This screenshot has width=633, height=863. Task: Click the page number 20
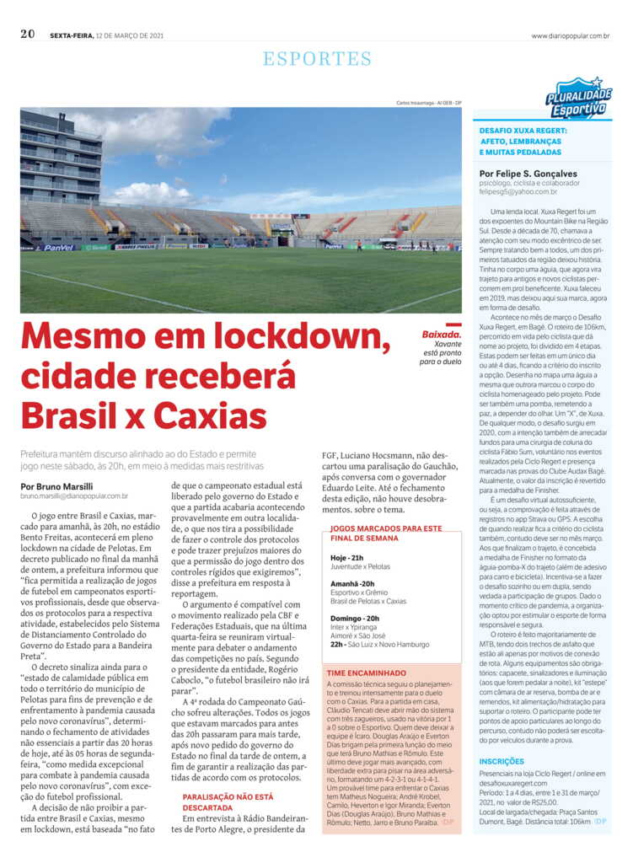point(27,35)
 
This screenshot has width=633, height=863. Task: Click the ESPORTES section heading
point(317,59)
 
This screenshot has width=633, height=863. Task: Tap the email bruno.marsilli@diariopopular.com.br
point(74,496)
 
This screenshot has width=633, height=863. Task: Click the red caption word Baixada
point(442,335)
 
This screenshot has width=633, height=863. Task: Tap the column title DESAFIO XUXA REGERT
point(523,131)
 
